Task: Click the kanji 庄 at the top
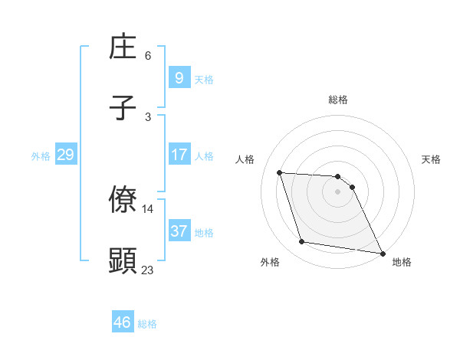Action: pyautogui.click(x=123, y=48)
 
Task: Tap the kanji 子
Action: pyautogui.click(x=123, y=109)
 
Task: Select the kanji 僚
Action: pyautogui.click(x=123, y=201)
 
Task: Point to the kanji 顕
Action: pyautogui.click(x=123, y=260)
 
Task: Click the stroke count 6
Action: pyautogui.click(x=148, y=56)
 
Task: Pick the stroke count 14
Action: pyautogui.click(x=148, y=208)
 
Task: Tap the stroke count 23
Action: pyautogui.click(x=148, y=269)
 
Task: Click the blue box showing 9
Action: pyautogui.click(x=179, y=78)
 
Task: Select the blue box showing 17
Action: pyautogui.click(x=179, y=155)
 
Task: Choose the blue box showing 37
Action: pyautogui.click(x=179, y=231)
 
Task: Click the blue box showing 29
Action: pyautogui.click(x=65, y=155)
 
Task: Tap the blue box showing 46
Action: pyautogui.click(x=122, y=322)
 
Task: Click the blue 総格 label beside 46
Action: pyautogui.click(x=147, y=324)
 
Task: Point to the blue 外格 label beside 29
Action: pyautogui.click(x=41, y=156)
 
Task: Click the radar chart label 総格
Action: pyautogui.click(x=338, y=100)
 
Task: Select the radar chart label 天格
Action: pyautogui.click(x=432, y=159)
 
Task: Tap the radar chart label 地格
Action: pyautogui.click(x=402, y=262)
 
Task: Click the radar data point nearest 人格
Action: pyautogui.click(x=280, y=172)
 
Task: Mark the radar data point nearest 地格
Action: pyautogui.click(x=382, y=253)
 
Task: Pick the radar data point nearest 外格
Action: pyautogui.click(x=302, y=242)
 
